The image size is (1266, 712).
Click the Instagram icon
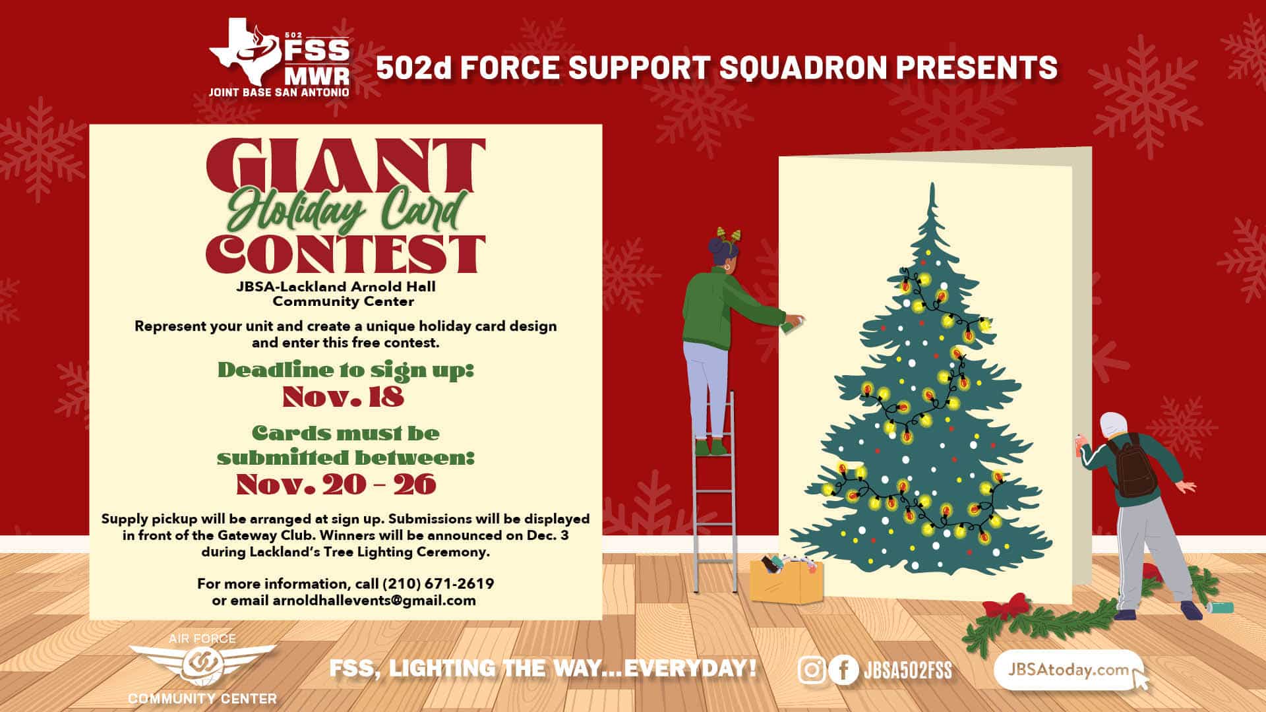tap(812, 670)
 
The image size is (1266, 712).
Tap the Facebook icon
tap(843, 670)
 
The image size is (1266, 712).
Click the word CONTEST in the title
tap(346, 254)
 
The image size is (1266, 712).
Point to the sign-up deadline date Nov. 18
tap(343, 397)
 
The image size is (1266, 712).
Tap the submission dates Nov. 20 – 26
tap(336, 485)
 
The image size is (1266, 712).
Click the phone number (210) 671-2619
tap(438, 584)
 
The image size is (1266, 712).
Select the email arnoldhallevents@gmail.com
tap(374, 601)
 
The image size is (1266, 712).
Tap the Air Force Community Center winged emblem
tap(202, 663)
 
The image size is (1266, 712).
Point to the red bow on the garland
tap(1006, 606)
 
